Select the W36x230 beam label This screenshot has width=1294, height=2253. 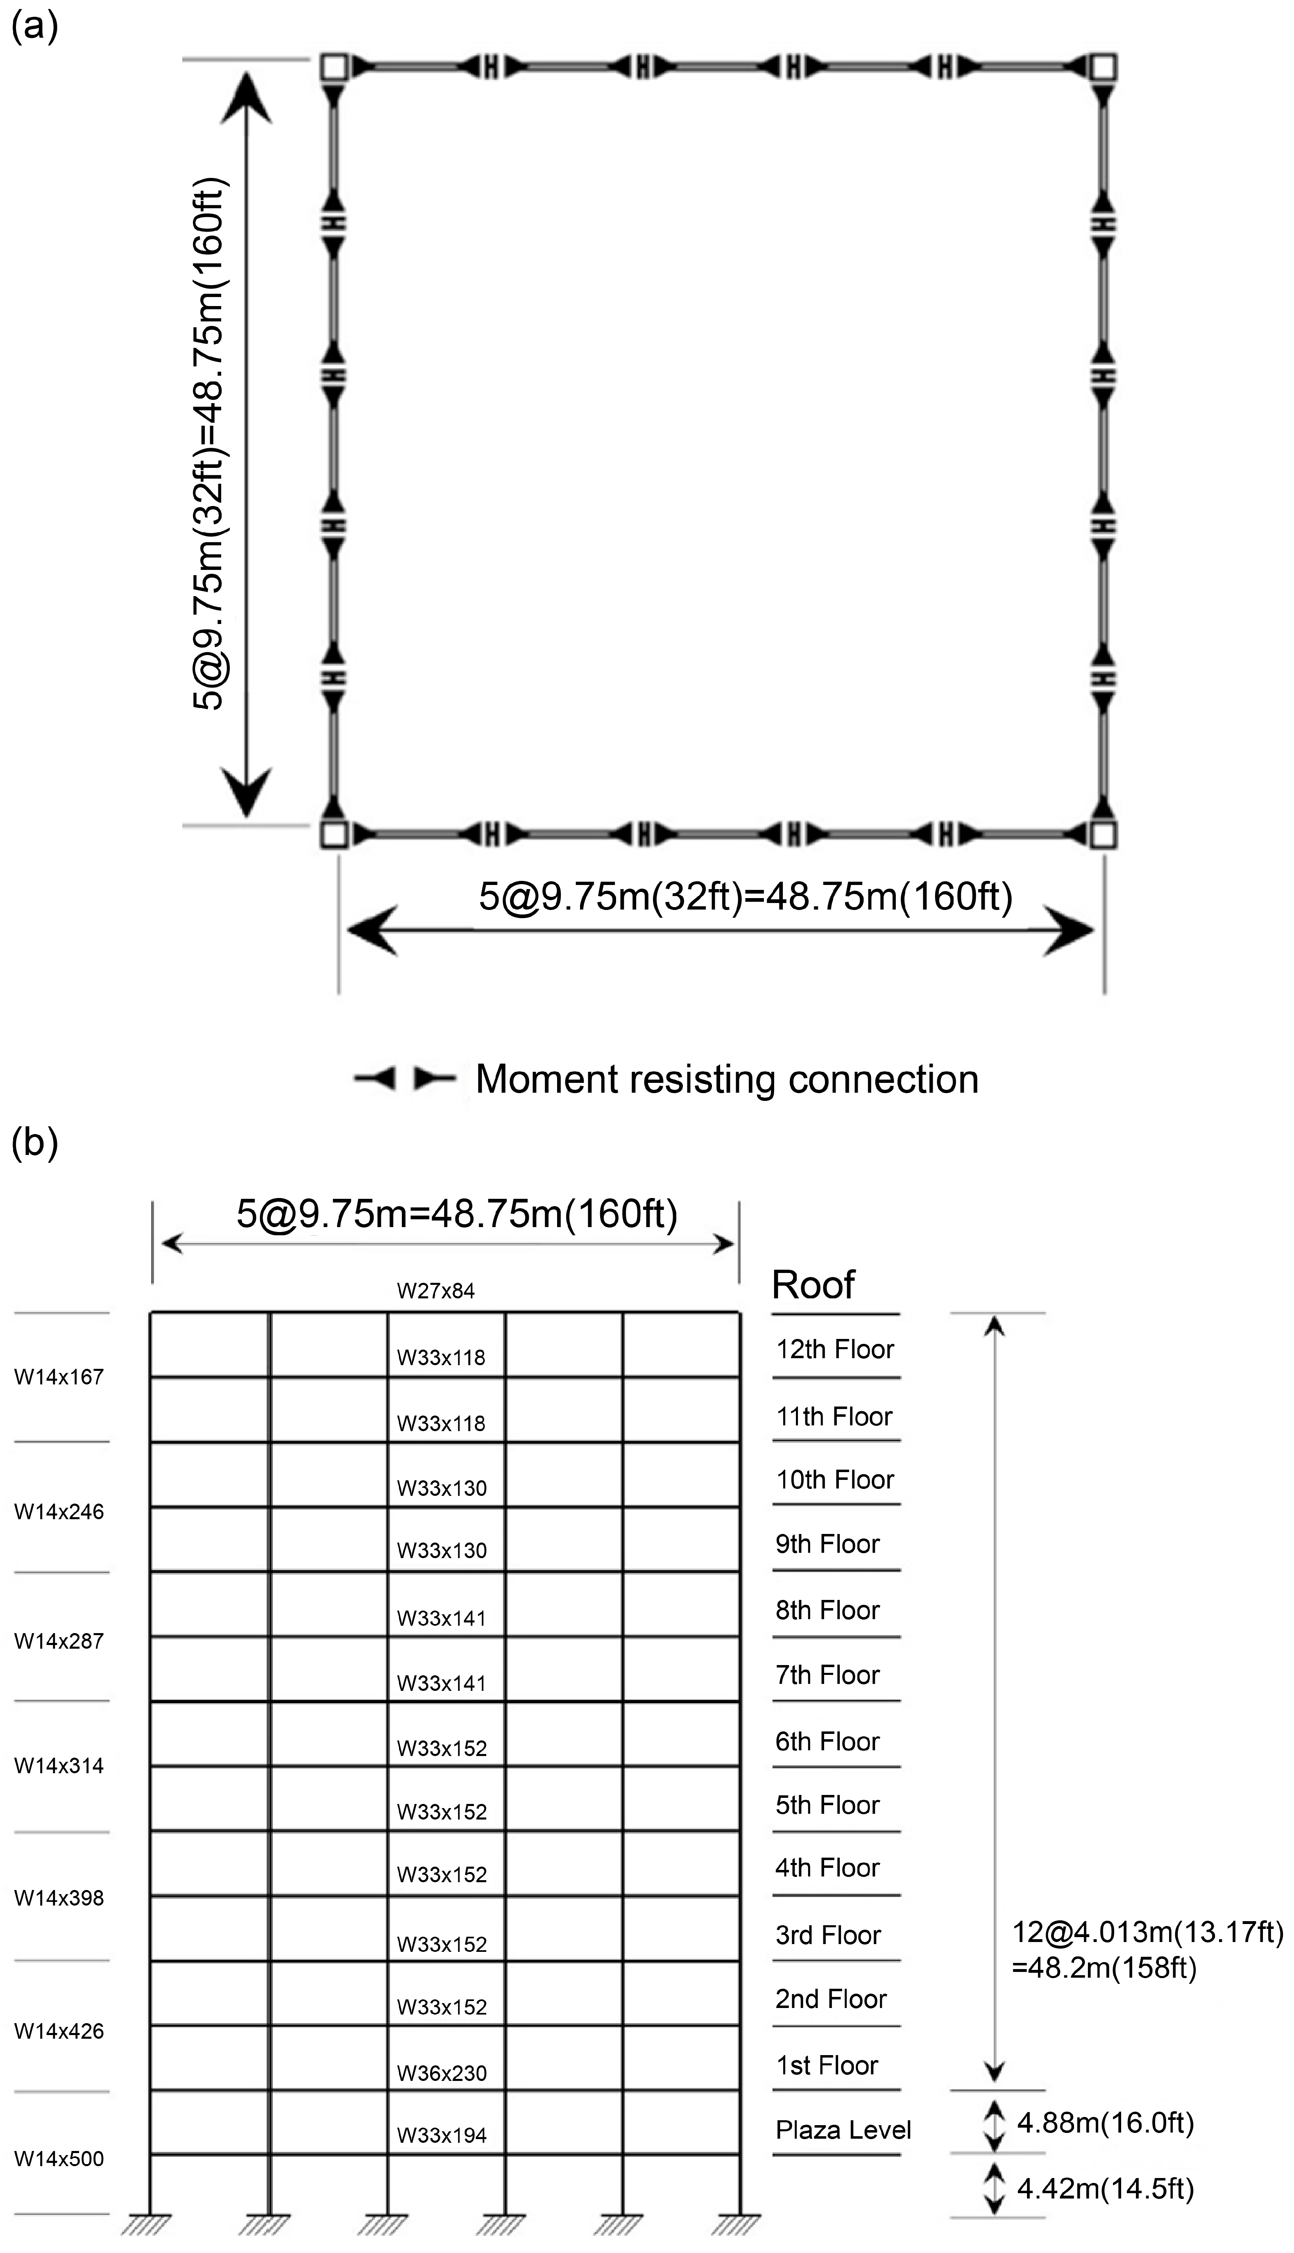click(x=442, y=2074)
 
